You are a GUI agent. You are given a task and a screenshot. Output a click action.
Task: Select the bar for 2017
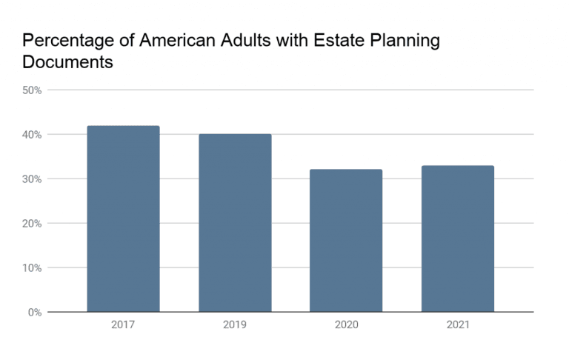point(123,219)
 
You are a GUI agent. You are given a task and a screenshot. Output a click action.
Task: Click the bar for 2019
point(235,223)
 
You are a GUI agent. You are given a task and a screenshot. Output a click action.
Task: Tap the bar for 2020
point(346,241)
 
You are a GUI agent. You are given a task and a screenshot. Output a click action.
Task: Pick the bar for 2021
point(457,239)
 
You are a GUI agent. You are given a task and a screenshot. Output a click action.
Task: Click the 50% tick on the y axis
point(31,90)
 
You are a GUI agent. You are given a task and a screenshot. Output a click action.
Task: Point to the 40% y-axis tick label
point(31,135)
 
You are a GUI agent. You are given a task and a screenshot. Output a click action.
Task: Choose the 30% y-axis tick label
point(31,179)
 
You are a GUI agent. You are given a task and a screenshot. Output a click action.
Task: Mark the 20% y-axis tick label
point(31,224)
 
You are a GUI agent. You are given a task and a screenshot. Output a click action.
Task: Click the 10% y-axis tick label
point(31,268)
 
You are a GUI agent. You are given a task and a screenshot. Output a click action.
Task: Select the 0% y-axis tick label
point(34,313)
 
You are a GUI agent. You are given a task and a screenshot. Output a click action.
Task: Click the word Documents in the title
point(67,62)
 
